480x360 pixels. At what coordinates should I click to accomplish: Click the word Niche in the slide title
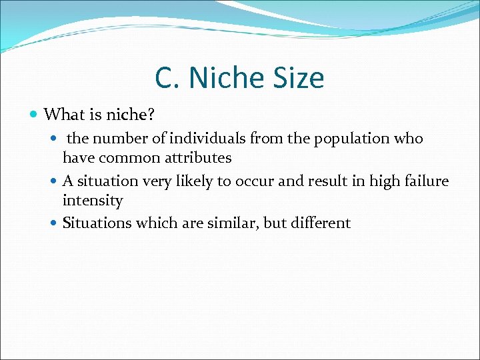(227, 78)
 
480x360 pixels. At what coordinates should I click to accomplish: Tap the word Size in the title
(298, 78)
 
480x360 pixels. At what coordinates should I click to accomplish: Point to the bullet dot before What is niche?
(35, 115)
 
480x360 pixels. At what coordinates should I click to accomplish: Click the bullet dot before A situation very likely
(55, 181)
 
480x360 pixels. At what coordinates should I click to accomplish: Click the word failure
(427, 181)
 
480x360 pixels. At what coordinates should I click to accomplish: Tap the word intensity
(93, 201)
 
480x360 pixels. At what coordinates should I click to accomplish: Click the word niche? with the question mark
(131, 115)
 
